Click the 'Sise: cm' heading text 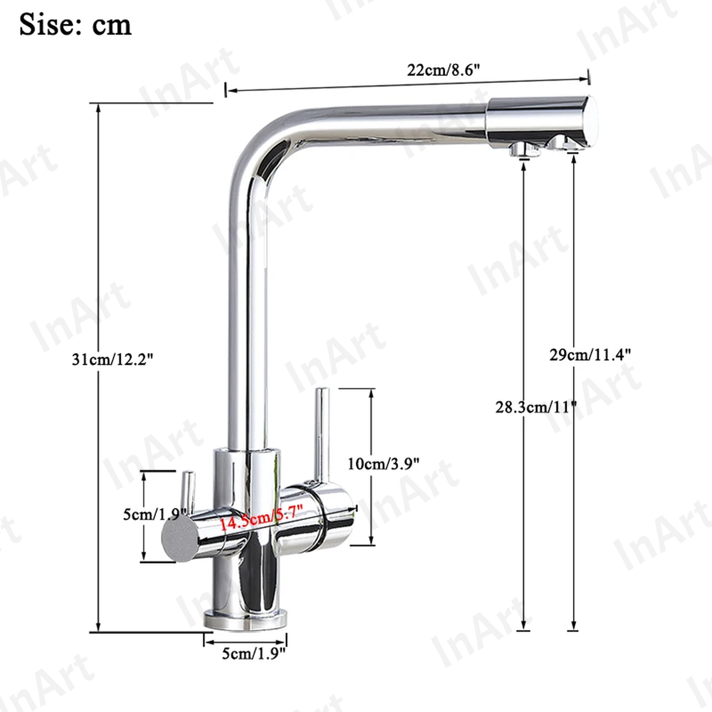tap(75, 25)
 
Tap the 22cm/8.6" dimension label tap(443, 70)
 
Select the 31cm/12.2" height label tap(112, 359)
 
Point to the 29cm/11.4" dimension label tap(590, 355)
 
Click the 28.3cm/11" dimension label tap(536, 407)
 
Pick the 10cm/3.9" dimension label tap(384, 463)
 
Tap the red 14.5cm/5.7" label tap(261, 517)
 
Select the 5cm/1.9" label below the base tap(254, 653)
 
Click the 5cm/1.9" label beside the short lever tap(155, 514)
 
